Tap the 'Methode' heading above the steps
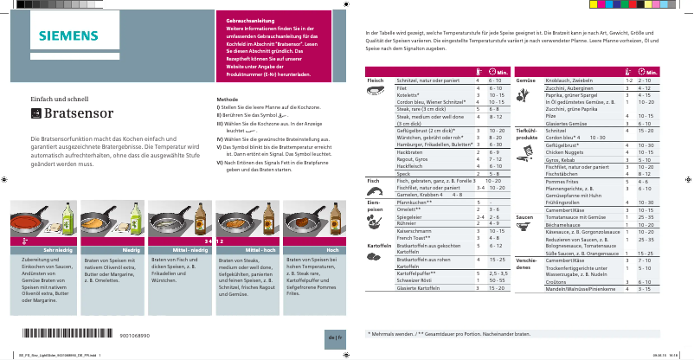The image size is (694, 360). [227, 100]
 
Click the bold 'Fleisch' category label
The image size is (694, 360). [375, 80]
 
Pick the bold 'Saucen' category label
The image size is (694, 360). [524, 216]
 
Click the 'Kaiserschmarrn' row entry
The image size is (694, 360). [414, 231]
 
